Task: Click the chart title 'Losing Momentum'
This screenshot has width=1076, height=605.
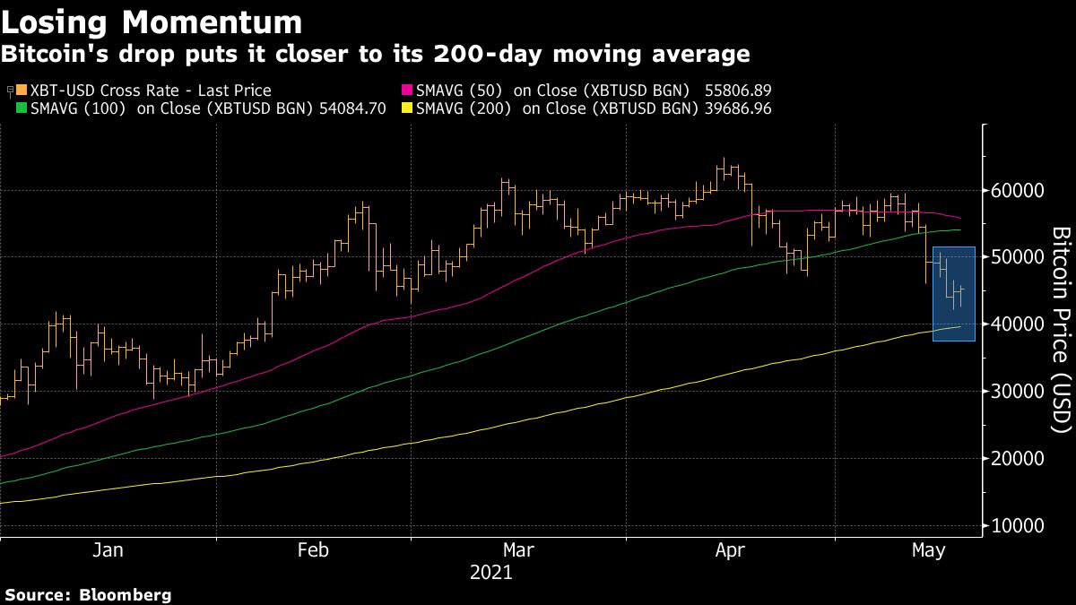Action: [152, 21]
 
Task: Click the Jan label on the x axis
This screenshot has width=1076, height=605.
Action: [108, 550]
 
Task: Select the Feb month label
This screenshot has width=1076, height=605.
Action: [314, 550]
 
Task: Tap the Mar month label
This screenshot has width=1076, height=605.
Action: [519, 550]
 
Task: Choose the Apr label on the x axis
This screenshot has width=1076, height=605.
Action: [730, 550]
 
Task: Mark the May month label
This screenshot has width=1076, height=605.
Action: [928, 550]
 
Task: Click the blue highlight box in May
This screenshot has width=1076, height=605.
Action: [954, 294]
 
